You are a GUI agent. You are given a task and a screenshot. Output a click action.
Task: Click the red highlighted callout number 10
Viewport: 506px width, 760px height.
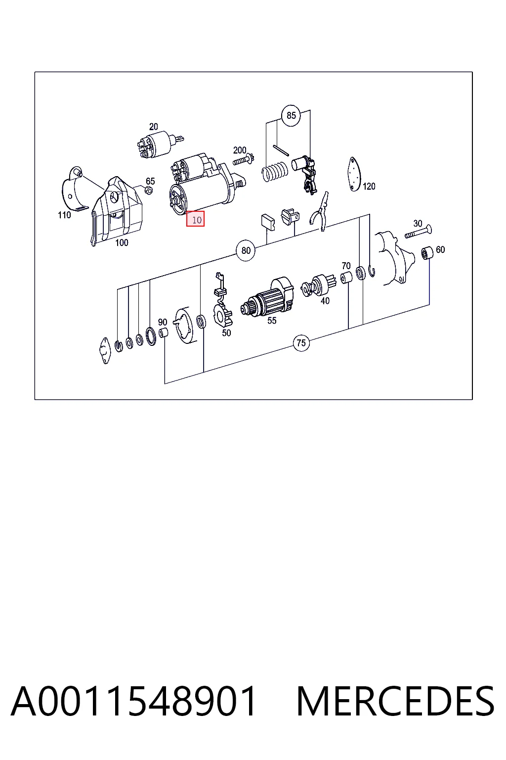(195, 219)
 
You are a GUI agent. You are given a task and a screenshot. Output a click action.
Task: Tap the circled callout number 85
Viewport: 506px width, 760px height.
(291, 115)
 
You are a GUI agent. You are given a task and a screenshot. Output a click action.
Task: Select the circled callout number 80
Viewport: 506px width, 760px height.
(246, 250)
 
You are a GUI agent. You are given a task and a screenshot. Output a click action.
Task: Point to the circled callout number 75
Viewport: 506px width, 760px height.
(301, 343)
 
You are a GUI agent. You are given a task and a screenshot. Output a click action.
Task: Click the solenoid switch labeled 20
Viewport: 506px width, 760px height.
(159, 144)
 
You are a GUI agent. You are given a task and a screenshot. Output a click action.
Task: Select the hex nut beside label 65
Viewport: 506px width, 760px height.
(148, 190)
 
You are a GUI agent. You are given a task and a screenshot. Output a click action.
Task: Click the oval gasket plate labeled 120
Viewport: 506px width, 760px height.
(354, 174)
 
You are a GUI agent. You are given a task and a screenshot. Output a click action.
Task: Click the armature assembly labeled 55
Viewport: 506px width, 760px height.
(268, 297)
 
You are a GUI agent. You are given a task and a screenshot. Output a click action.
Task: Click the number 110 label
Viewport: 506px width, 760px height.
(64, 215)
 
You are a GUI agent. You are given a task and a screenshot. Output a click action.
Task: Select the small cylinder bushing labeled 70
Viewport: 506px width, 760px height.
(346, 278)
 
